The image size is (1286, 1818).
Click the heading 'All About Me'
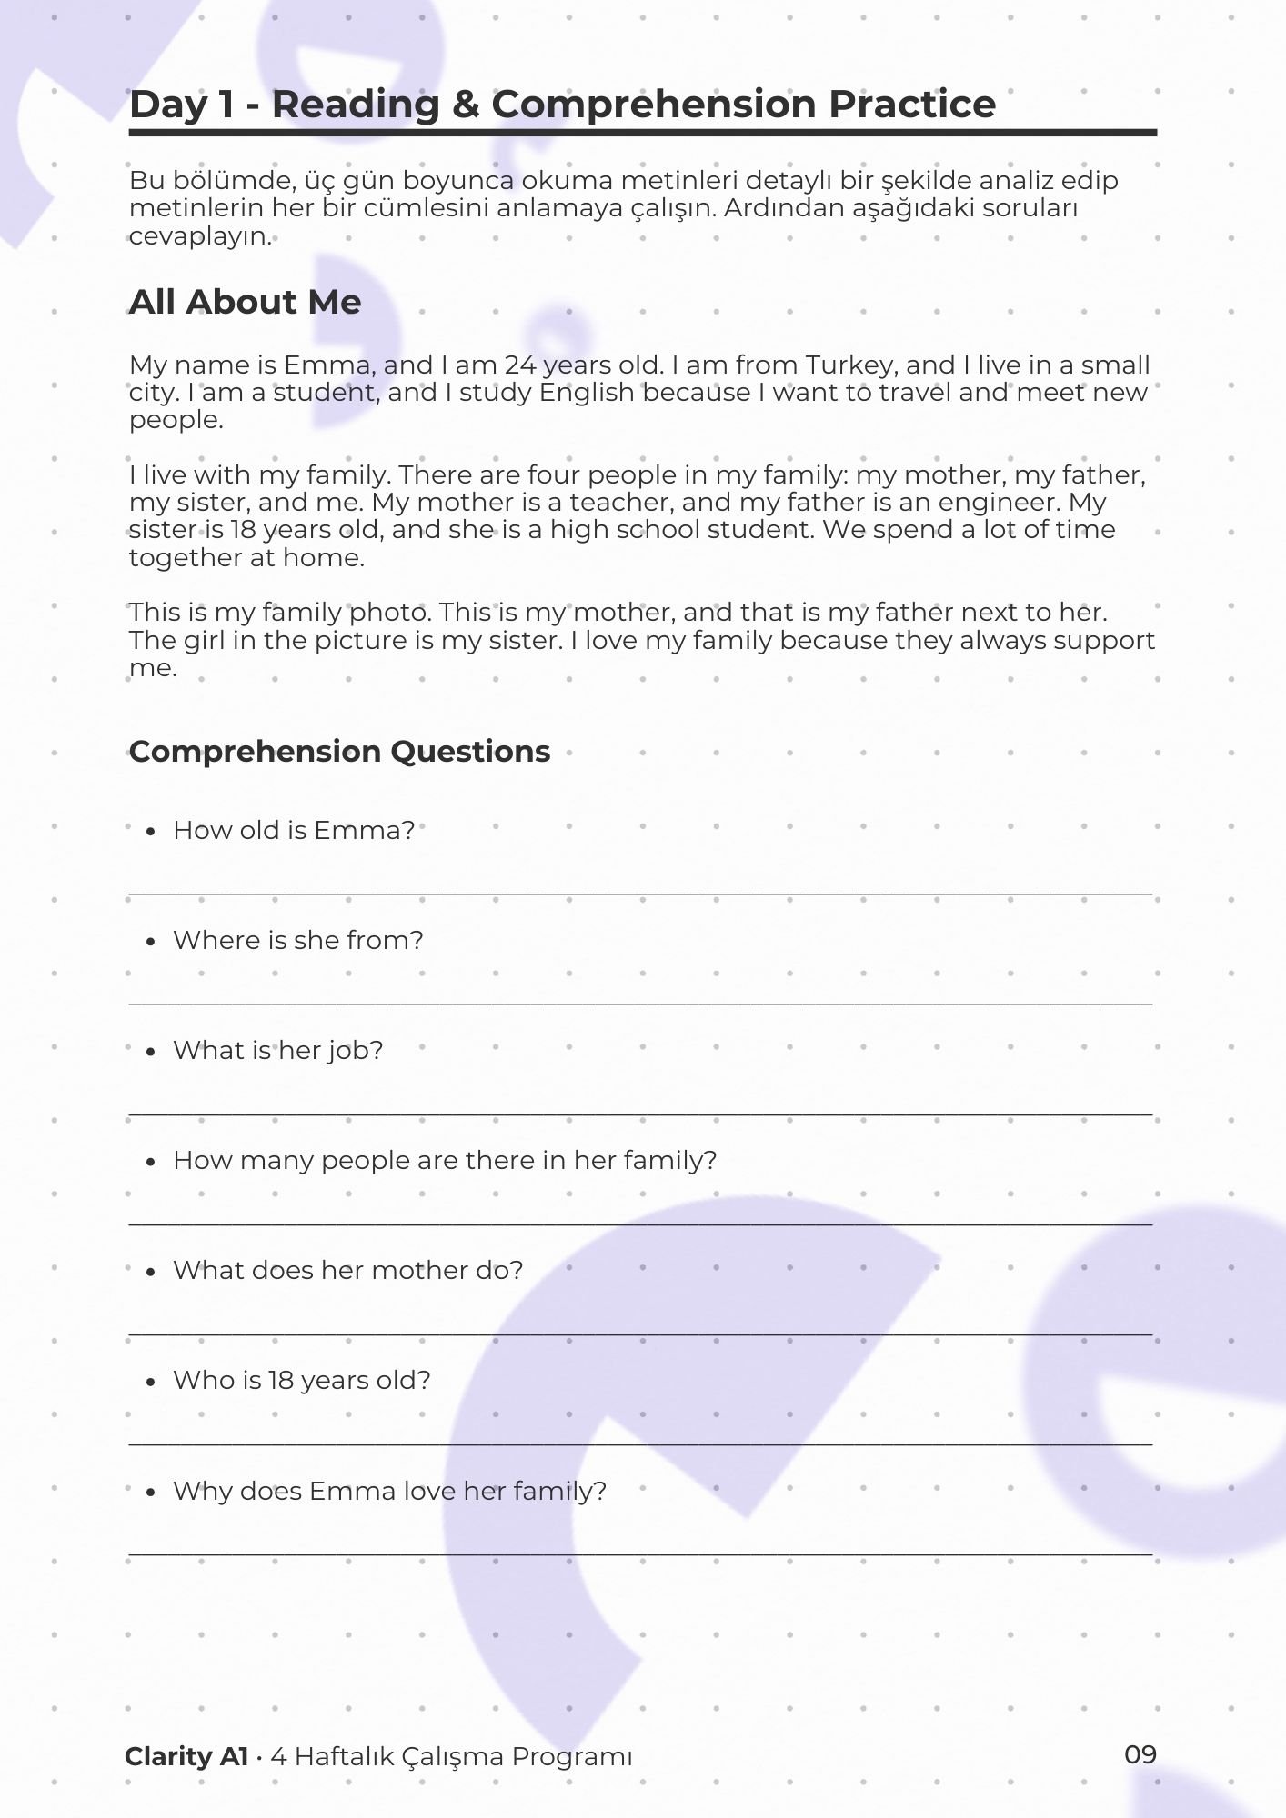coord(245,302)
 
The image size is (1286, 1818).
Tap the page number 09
coord(1140,1754)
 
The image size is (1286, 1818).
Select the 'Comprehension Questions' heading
coord(339,752)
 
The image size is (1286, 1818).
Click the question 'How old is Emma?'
coord(293,830)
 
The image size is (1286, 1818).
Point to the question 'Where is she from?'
coord(297,940)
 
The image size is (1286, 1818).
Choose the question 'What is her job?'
coord(277,1050)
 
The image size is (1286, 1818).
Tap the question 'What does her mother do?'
coord(347,1270)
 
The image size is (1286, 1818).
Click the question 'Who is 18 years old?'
coord(301,1380)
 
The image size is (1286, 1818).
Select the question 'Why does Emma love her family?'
coord(389,1491)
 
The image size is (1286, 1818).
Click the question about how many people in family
coord(444,1160)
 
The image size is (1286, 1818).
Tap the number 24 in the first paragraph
coord(520,365)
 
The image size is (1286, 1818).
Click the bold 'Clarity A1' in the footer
coord(186,1756)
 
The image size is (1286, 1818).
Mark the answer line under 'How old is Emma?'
coord(640,894)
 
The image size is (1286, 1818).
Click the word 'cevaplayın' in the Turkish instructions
coord(199,237)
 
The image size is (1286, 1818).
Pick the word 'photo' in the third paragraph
coord(389,613)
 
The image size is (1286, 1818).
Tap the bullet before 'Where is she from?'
coord(151,942)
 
